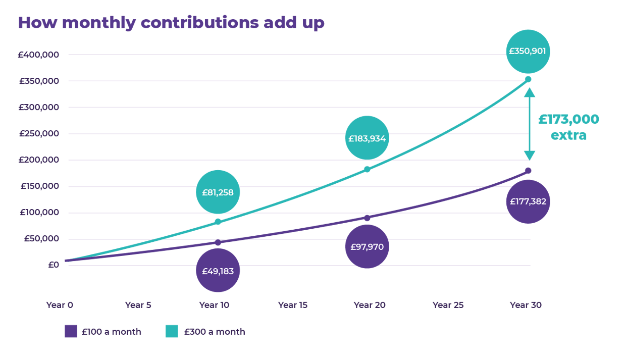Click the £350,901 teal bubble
[x=528, y=51]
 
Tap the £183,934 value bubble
[x=367, y=138]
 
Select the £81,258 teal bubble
[x=218, y=192]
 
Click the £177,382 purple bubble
[x=528, y=201]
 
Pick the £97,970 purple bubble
[x=367, y=247]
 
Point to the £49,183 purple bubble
[x=218, y=271]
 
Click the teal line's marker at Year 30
[x=528, y=79]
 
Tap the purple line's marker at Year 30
[x=528, y=171]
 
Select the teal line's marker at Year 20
[x=367, y=169]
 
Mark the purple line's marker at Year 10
[x=218, y=243]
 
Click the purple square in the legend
[x=71, y=331]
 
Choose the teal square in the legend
[x=172, y=331]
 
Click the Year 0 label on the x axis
[x=60, y=305]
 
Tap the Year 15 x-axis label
[x=293, y=305]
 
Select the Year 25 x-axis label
[x=448, y=305]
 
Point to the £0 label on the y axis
[x=54, y=265]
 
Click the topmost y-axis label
[x=39, y=55]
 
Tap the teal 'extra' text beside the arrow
[x=568, y=135]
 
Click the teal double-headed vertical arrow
[x=529, y=124]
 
